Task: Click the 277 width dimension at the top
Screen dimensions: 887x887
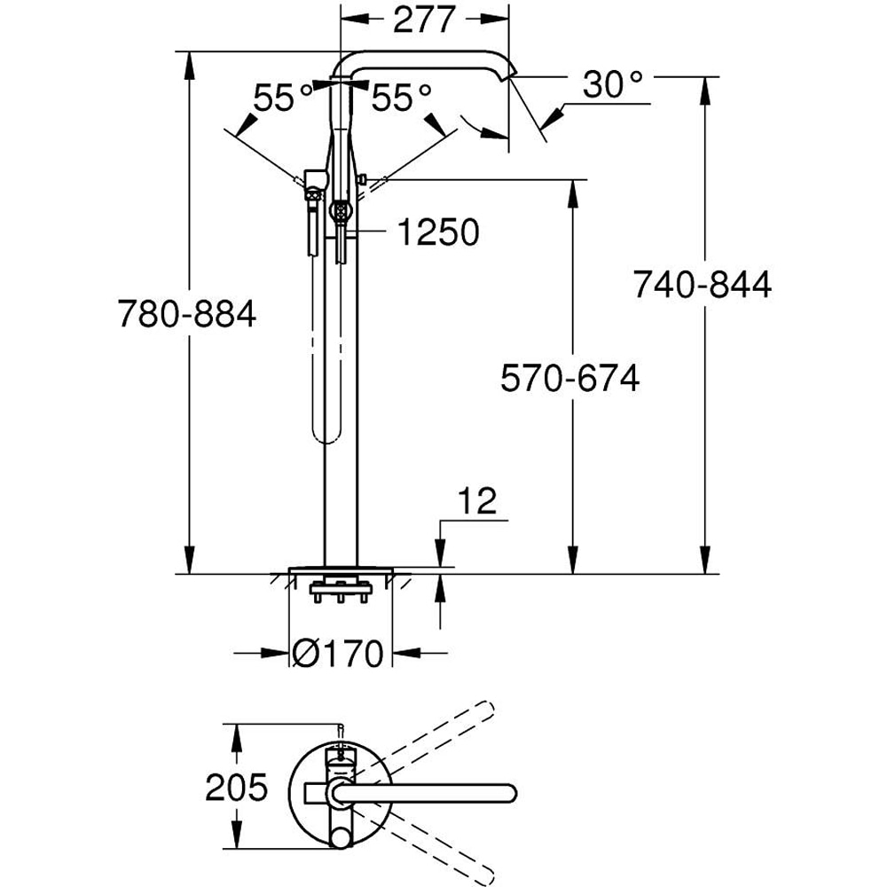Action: tap(423, 19)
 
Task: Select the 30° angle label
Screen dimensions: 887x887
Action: tap(613, 85)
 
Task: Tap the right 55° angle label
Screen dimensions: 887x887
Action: tap(401, 98)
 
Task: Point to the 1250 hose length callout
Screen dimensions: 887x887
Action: tap(437, 232)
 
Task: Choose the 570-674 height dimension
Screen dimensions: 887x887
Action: tap(569, 380)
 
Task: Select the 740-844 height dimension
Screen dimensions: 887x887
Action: tap(702, 285)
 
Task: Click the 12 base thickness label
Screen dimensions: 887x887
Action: tap(478, 502)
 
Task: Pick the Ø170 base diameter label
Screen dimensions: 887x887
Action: tap(337, 654)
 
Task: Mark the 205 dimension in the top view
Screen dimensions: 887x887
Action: tap(236, 787)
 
